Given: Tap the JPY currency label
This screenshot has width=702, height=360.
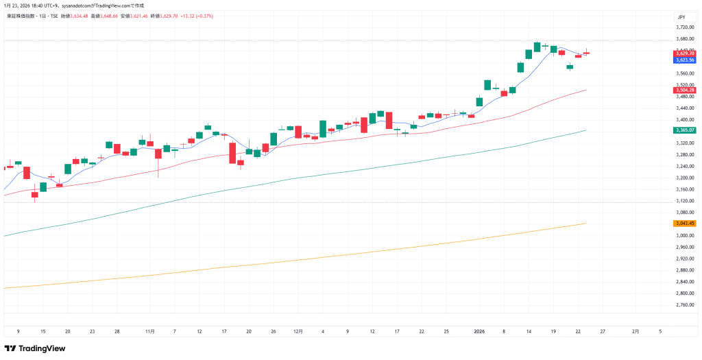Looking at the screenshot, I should coord(681,16).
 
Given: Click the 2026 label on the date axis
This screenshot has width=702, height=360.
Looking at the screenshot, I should coord(480,331).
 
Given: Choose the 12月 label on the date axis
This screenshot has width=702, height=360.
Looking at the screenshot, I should coord(298,331).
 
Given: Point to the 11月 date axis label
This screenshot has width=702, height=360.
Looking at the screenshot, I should coord(150,331).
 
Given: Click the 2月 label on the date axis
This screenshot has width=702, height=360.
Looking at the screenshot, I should coord(636,331).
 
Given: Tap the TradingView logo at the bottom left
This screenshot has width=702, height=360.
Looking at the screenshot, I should coord(35,348).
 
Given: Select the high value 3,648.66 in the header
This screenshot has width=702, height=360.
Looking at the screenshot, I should coord(105,15).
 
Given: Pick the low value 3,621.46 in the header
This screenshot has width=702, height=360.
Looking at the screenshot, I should coord(135,15).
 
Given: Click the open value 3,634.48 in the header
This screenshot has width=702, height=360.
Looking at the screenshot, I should coord(75,15).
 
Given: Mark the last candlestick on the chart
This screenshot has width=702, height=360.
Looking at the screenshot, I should coord(586,53).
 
